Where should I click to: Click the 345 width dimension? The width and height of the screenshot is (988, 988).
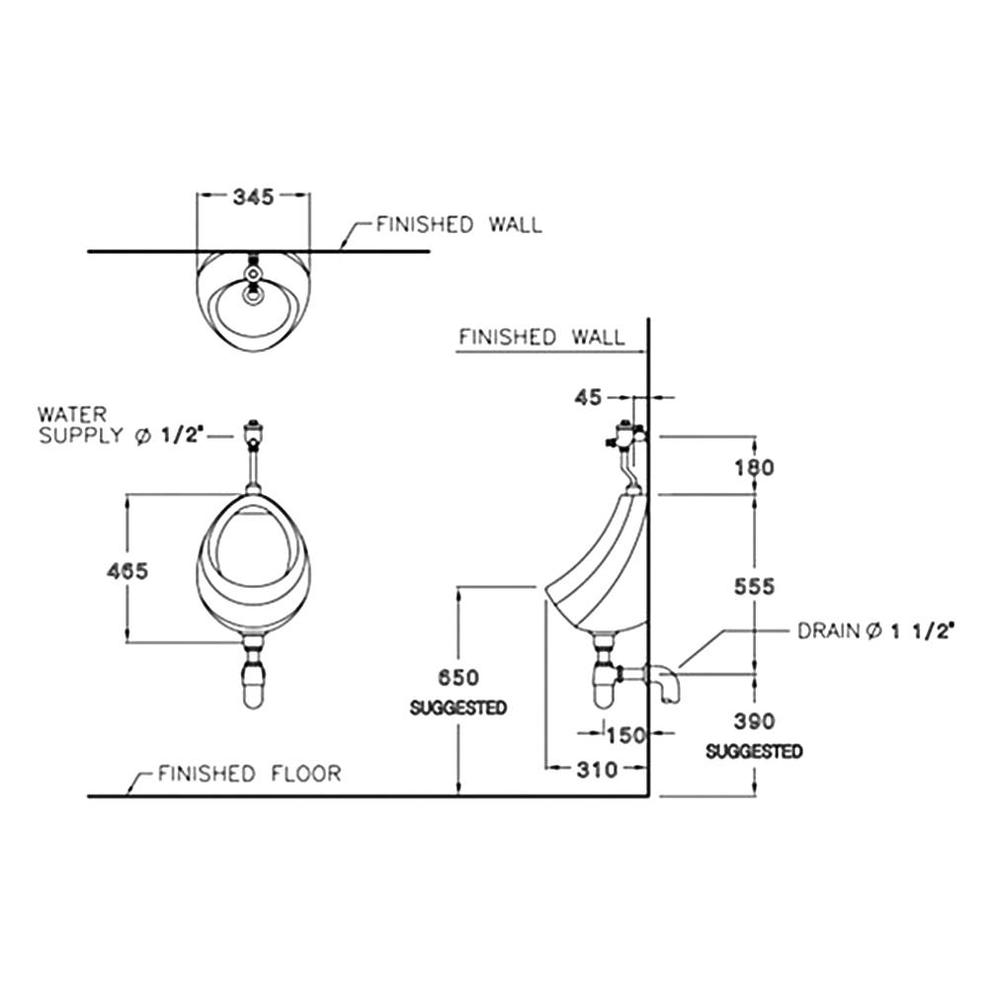pyautogui.click(x=253, y=197)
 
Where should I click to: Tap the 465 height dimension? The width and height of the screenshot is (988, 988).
pyautogui.click(x=127, y=571)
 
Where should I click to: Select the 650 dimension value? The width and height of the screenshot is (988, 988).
pyautogui.click(x=458, y=678)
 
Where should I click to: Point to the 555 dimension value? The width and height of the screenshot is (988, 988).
pyautogui.click(x=756, y=587)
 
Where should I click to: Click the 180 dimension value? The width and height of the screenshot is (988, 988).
pyautogui.click(x=756, y=466)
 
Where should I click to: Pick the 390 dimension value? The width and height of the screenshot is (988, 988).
pyautogui.click(x=755, y=721)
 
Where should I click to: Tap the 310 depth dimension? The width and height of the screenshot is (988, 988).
pyautogui.click(x=597, y=769)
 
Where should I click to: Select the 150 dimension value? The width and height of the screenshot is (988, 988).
pyautogui.click(x=624, y=735)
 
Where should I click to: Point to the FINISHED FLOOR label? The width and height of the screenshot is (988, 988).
pyautogui.click(x=249, y=773)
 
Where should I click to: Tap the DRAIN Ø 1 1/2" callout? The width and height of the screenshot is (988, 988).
pyautogui.click(x=874, y=631)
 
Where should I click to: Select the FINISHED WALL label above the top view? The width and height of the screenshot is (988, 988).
pyautogui.click(x=458, y=225)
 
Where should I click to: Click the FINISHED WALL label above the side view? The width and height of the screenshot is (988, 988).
pyautogui.click(x=541, y=338)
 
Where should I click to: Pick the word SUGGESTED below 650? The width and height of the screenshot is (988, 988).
pyautogui.click(x=458, y=708)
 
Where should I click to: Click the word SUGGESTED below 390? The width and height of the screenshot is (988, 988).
pyautogui.click(x=754, y=752)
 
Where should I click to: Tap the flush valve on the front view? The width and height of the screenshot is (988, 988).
pyautogui.click(x=254, y=433)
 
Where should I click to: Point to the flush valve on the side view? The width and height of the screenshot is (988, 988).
pyautogui.click(x=625, y=435)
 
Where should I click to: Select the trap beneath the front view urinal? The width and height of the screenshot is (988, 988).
pyautogui.click(x=254, y=677)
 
